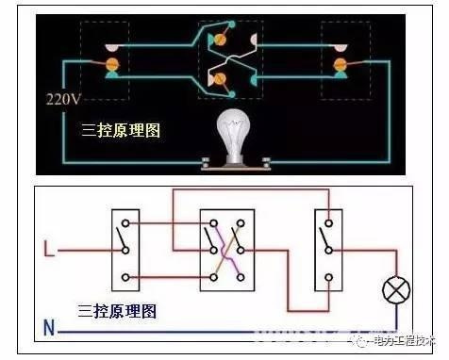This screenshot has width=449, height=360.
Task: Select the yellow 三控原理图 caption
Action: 122,130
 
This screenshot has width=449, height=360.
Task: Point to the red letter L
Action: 50,251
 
